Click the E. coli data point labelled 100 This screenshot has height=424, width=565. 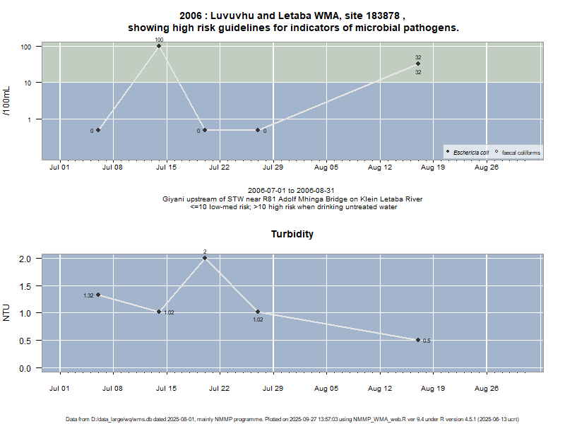tap(159, 46)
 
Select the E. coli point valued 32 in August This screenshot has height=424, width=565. tap(418, 64)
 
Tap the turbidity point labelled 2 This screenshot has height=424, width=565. tap(205, 258)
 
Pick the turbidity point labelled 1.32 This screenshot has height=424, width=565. tap(98, 295)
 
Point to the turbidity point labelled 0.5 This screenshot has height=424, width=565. tap(418, 340)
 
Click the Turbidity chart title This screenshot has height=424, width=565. tap(292, 234)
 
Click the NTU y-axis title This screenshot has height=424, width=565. tap(7, 312)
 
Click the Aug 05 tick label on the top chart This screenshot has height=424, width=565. tap(326, 168)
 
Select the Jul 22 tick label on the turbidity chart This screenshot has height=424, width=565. tap(220, 388)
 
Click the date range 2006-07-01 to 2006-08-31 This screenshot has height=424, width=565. tap(291, 191)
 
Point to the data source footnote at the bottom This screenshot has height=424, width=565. tap(292, 419)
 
